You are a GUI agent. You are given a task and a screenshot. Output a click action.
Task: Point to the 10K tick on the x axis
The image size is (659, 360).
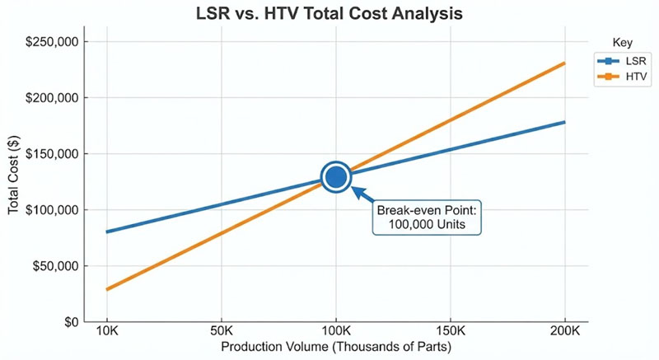point(107,334)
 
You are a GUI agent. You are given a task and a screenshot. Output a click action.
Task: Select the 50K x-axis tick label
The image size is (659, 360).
point(221,334)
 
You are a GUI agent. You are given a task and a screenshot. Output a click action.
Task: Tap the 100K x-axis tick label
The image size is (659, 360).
point(335,334)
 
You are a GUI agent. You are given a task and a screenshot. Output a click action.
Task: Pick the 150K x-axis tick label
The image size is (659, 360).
point(450,334)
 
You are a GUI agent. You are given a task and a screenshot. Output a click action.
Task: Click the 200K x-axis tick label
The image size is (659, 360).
point(564,334)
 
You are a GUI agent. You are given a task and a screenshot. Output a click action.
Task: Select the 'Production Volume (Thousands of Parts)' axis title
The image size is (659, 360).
point(335,348)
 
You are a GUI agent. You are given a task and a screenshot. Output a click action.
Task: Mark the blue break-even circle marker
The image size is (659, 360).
point(335,175)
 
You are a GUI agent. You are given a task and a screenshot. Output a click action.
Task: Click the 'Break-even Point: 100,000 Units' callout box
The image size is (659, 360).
point(427,217)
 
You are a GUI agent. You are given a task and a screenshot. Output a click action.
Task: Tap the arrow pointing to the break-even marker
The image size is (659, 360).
point(363,194)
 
